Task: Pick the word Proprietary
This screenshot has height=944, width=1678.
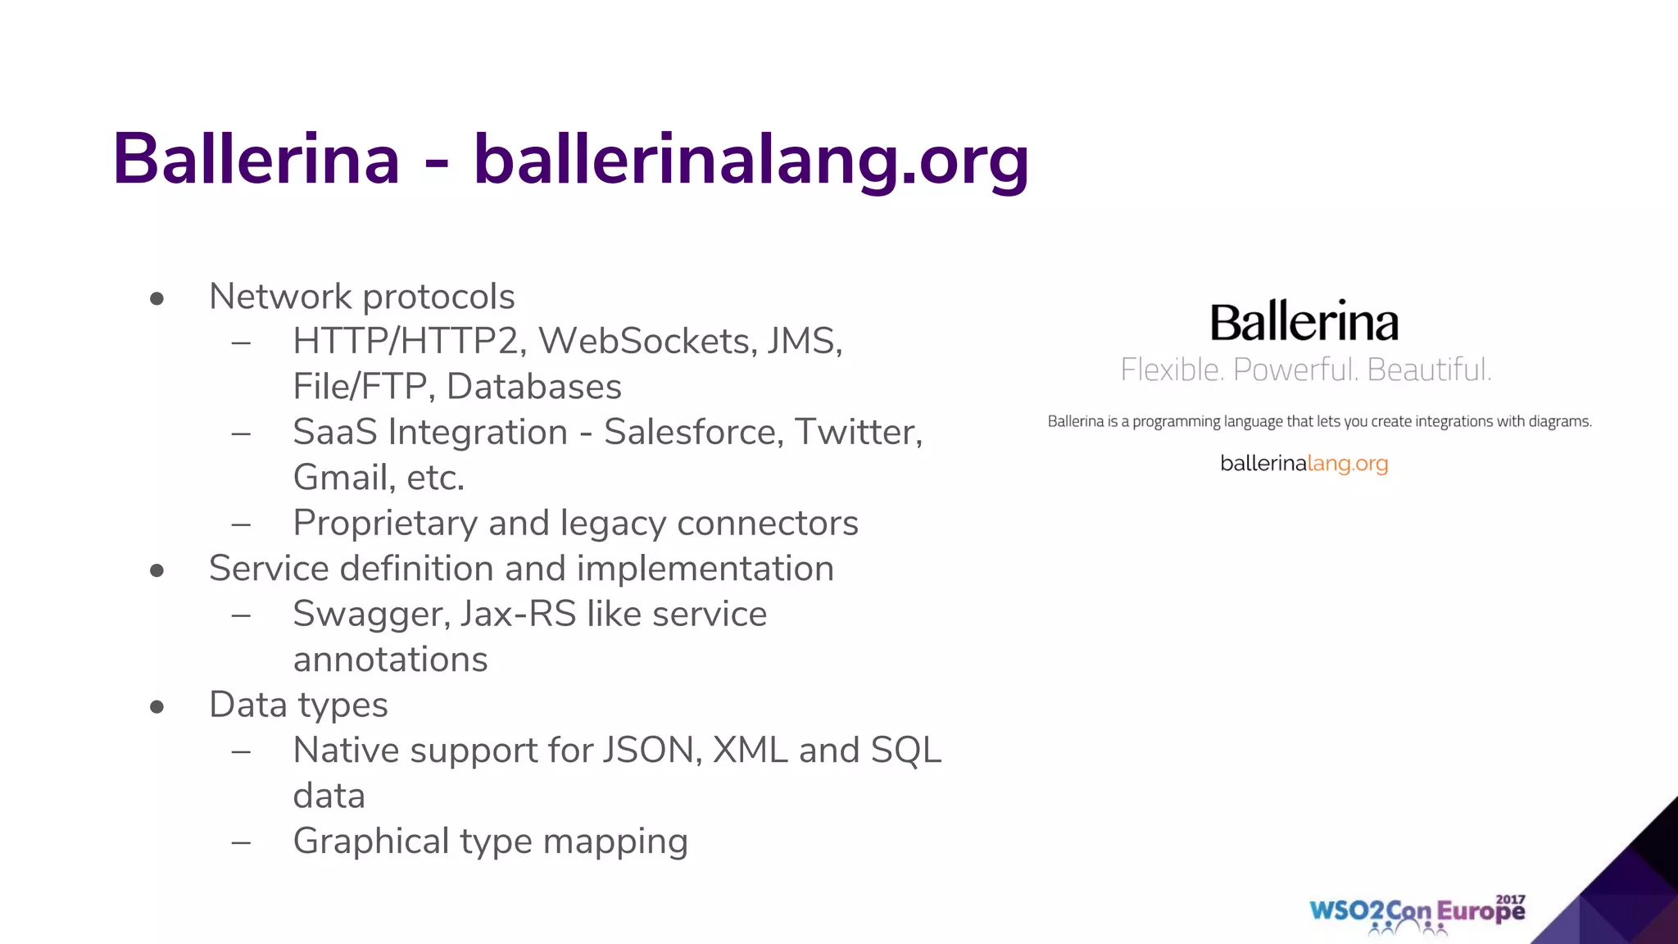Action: point(385,524)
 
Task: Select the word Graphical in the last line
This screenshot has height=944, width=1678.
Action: point(371,842)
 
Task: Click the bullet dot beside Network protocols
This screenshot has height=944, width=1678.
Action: point(157,299)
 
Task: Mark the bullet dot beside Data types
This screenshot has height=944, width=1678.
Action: point(157,707)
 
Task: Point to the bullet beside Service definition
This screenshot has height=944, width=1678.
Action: point(157,571)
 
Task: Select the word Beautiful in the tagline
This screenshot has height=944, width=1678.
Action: point(1429,370)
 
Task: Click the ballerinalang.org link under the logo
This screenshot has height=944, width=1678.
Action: point(1304,464)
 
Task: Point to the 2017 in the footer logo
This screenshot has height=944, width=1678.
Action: point(1510,899)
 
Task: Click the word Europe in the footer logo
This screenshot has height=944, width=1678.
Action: point(1481,912)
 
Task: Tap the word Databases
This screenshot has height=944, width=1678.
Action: point(534,387)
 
